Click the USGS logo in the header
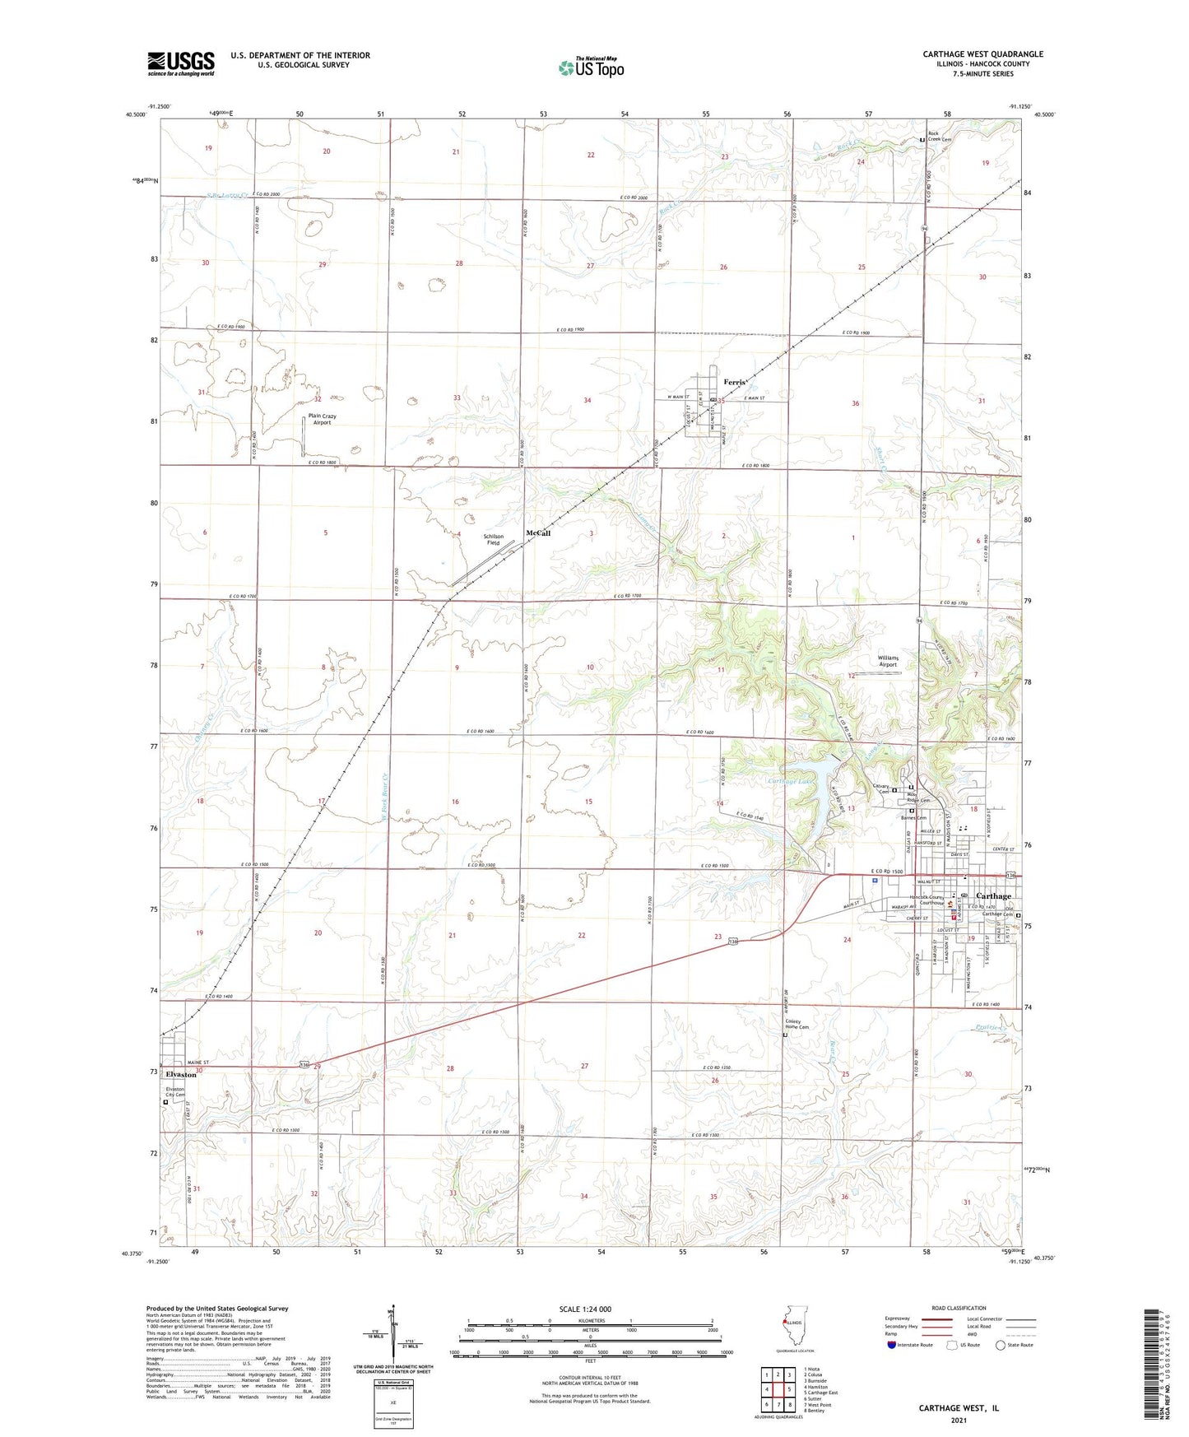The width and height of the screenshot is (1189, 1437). click(181, 63)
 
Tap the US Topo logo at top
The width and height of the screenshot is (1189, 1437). click(590, 67)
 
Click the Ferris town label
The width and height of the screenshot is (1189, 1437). click(734, 383)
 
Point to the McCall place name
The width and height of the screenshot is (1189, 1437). click(538, 533)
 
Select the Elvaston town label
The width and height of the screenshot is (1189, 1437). click(181, 1074)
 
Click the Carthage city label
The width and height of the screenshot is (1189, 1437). click(993, 896)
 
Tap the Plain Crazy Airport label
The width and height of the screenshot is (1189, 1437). click(322, 419)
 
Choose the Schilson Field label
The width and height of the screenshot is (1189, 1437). click(493, 539)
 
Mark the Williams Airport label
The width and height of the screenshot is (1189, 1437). click(888, 661)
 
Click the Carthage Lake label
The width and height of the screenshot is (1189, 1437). click(789, 781)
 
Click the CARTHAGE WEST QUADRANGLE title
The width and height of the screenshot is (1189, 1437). click(982, 54)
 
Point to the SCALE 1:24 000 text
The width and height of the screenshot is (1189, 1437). click(585, 1309)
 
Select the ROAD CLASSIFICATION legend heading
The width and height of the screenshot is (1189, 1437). click(959, 1308)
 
